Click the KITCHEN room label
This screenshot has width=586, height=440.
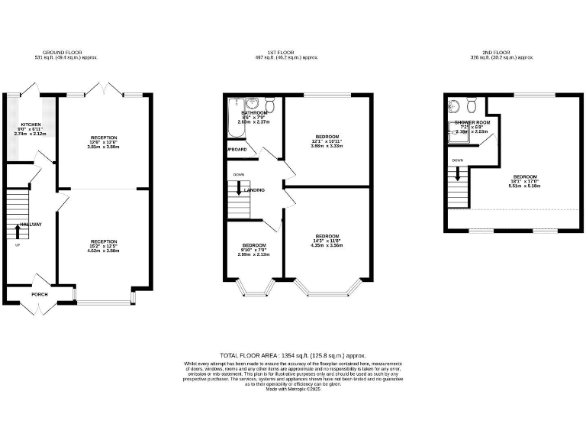coord(31,125)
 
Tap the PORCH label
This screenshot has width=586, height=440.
coord(39,294)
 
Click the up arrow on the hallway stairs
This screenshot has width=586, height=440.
coord(18,230)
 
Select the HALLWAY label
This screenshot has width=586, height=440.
coord(31,224)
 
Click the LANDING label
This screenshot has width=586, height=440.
coord(254,189)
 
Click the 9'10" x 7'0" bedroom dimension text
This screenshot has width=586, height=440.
coord(254,252)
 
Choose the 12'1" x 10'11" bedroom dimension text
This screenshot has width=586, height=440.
coord(327,144)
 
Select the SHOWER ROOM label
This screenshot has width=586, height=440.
coord(472,122)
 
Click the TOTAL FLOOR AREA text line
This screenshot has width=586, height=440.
coord(293,356)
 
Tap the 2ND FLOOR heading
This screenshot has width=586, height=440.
coord(501,53)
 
